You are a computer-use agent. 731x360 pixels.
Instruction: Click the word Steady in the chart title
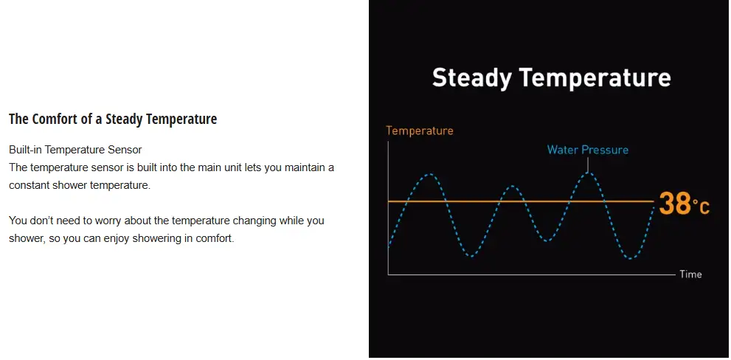(471, 78)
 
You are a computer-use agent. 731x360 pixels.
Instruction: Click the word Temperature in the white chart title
(595, 77)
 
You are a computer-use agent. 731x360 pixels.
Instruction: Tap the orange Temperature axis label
(420, 131)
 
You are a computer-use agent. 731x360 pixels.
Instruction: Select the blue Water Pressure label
(587, 150)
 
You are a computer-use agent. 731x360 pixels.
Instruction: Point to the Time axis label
(690, 274)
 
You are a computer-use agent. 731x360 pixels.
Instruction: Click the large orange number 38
(675, 204)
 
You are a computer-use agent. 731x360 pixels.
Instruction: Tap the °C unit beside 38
(701, 207)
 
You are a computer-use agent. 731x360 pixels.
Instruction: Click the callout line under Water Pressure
(588, 165)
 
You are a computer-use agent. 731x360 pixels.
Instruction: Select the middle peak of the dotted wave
(513, 186)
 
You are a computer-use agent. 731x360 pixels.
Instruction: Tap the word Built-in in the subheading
(26, 150)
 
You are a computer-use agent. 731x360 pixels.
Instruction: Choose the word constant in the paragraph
(27, 185)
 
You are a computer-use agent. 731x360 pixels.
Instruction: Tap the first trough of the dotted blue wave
(472, 256)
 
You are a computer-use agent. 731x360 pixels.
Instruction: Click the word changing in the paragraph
(254, 220)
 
